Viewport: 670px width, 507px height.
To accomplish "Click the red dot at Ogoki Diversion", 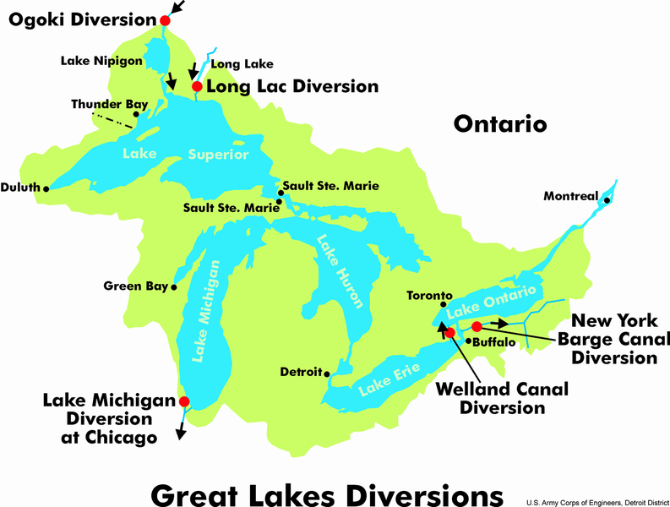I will coord(165,20).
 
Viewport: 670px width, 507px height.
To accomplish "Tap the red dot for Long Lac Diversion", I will coord(197,86).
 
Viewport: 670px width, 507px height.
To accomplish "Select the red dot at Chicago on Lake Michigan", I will coord(184,402).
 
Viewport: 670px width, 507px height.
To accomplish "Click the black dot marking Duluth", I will coord(46,188).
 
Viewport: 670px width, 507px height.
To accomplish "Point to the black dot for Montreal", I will coord(607,199).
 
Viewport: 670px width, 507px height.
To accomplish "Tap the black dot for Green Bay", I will coord(174,287).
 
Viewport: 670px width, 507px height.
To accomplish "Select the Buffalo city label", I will coord(492,343).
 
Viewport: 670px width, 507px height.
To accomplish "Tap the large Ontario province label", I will coord(500,124).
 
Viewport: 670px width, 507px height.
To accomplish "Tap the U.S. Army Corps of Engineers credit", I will coord(595,500).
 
